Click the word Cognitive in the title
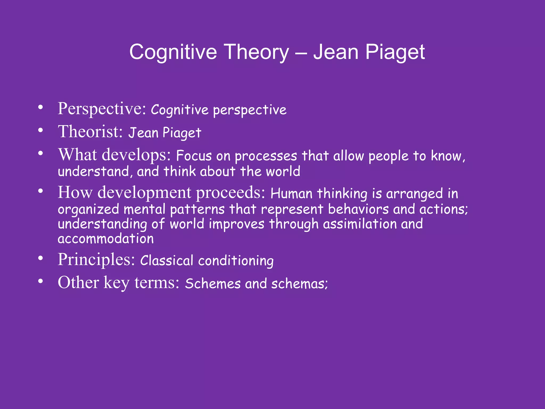coord(173,52)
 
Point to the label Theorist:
coord(90,132)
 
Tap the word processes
coord(266,156)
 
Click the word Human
coord(291,194)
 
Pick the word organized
coord(88,209)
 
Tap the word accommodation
coord(106,239)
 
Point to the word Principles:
coord(96,260)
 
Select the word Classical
coord(167,260)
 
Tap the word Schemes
coord(213,284)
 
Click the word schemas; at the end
coord(299,284)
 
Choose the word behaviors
coord(358,209)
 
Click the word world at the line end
coord(283,171)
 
